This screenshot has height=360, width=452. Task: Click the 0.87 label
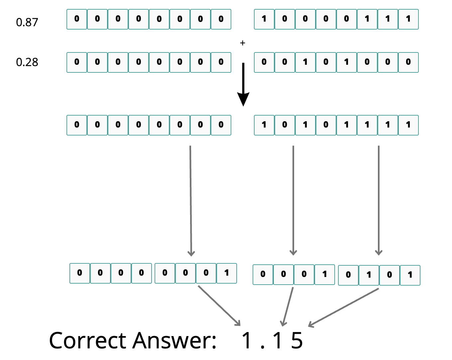(27, 22)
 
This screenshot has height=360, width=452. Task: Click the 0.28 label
(27, 62)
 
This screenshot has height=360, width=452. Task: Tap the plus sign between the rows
(243, 43)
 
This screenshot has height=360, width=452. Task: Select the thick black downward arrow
(243, 84)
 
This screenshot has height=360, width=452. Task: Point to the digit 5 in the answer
(297, 340)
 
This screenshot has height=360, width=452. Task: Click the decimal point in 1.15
(262, 347)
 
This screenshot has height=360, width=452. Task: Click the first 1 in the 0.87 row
(264, 19)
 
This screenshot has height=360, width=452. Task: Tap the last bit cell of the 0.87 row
(408, 19)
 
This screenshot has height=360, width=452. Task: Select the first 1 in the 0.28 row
(305, 62)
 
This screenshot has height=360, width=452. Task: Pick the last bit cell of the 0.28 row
(408, 62)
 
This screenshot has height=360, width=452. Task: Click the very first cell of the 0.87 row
(77, 19)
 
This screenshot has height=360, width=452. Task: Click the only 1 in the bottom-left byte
(226, 273)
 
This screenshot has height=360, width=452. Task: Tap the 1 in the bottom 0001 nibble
(324, 274)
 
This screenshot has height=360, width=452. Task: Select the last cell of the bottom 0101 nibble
(410, 275)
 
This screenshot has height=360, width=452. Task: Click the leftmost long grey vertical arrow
(191, 201)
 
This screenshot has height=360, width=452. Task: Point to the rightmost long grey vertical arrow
(379, 200)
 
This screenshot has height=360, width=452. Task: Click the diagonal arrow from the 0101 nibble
(343, 308)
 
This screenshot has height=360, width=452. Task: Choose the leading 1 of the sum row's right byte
(264, 125)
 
